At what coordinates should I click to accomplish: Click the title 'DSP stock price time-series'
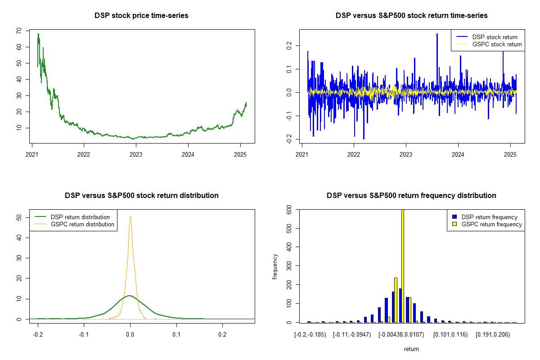point(141,15)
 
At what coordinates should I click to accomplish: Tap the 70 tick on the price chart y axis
point(18,31)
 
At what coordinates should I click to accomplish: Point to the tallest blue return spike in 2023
point(437,34)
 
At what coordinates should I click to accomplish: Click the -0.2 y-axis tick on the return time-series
point(288,139)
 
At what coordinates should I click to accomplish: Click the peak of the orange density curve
point(130,216)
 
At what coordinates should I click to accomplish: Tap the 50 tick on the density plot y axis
point(18,217)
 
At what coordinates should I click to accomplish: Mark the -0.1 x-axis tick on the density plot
point(84,335)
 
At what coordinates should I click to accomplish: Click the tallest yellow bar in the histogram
point(402,265)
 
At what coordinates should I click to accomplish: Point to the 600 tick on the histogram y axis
point(286,210)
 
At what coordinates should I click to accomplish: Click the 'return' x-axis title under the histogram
point(411,349)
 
